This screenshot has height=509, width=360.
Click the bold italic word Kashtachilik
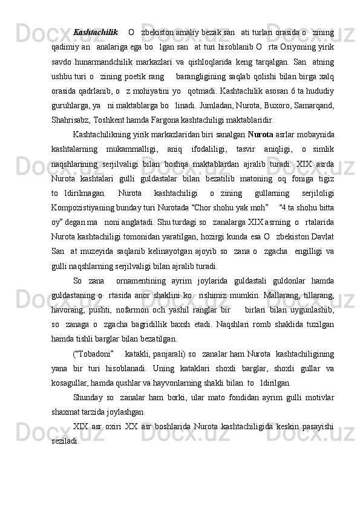tap(96, 31)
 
